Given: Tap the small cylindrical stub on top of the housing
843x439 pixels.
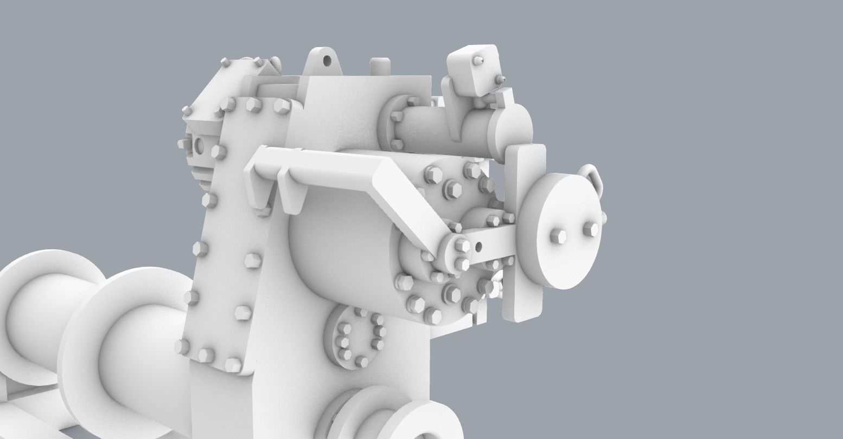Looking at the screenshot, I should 380,66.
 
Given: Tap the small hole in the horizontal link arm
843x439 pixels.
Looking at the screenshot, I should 478,247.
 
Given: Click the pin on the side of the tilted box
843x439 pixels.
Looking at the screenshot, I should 502,80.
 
